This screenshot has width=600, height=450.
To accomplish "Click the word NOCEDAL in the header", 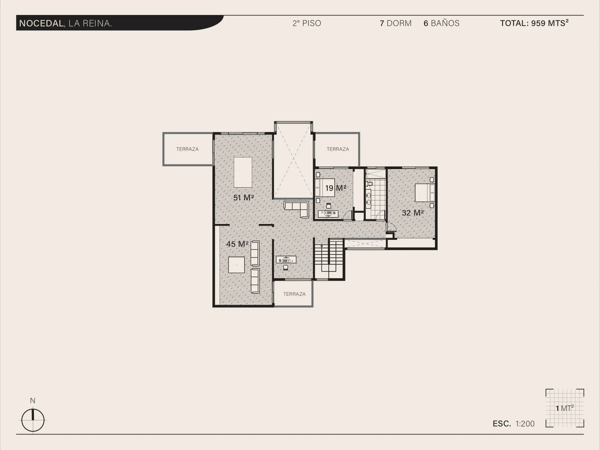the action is click(x=41, y=23).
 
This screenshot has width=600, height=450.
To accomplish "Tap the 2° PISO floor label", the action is click(x=307, y=23).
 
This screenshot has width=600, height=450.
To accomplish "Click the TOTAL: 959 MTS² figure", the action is click(x=534, y=23).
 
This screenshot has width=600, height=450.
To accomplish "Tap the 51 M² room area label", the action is click(x=243, y=198).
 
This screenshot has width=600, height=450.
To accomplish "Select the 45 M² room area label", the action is click(x=237, y=244).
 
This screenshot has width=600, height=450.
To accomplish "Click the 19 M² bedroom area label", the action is click(x=336, y=188).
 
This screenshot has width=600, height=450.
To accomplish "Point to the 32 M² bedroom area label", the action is click(x=412, y=213).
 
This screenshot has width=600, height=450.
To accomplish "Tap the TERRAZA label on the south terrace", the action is click(x=294, y=294).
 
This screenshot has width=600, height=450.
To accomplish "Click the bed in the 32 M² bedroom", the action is click(x=425, y=193).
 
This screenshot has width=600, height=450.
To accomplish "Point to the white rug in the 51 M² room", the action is click(x=243, y=172).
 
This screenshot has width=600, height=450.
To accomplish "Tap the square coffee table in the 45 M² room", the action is click(x=236, y=265).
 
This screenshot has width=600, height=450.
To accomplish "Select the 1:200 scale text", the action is click(x=525, y=424).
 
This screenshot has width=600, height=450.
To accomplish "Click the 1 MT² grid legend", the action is click(x=565, y=408).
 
